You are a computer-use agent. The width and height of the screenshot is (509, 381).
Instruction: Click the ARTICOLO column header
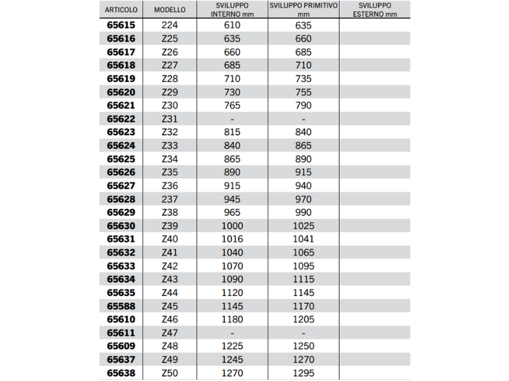121,10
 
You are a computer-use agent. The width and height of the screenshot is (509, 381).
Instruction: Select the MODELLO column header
170,10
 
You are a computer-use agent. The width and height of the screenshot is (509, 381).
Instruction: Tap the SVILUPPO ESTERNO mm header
374,10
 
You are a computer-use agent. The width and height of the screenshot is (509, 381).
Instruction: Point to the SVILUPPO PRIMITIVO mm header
303,10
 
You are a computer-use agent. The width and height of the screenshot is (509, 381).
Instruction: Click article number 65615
121,25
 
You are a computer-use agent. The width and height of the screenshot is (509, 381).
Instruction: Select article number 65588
121,306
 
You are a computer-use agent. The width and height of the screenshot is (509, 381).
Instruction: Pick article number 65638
121,373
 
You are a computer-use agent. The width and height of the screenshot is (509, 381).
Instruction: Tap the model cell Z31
170,119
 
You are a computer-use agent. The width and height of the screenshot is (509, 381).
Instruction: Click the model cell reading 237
170,199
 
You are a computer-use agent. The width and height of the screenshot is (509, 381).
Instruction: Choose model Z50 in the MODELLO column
170,373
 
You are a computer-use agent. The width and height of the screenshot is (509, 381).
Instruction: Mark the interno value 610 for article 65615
232,25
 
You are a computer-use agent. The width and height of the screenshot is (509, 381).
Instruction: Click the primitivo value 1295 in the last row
303,373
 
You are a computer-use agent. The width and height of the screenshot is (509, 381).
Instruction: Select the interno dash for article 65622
232,119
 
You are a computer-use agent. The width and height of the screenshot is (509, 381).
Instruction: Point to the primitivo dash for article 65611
303,333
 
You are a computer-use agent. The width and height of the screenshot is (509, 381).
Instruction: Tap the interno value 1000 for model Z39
232,226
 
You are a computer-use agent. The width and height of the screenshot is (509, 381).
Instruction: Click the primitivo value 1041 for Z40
303,239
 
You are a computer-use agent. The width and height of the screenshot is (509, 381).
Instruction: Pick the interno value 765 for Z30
232,105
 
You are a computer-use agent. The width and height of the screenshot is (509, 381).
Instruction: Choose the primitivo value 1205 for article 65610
303,319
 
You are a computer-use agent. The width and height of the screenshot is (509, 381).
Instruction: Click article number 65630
121,226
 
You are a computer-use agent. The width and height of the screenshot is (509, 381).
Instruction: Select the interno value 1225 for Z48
232,347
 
